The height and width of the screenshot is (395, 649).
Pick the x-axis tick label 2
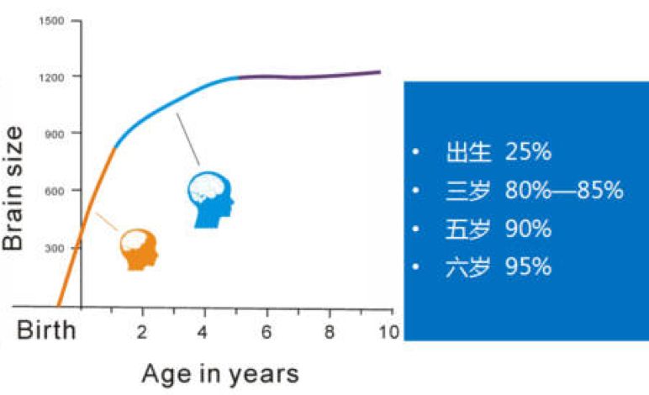point(142,330)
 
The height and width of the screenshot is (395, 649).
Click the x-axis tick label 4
point(203,330)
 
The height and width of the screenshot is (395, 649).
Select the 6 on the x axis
point(266,330)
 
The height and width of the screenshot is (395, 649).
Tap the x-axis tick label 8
point(329,330)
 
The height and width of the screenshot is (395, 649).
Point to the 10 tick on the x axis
point(388,330)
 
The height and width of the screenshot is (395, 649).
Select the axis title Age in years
point(220,372)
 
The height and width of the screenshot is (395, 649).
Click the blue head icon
point(209,199)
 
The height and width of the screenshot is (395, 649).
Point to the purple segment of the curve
point(311,76)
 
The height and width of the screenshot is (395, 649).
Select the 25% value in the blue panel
point(528,152)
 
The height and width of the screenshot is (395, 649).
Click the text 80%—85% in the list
point(564,191)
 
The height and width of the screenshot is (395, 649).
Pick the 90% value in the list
point(528,229)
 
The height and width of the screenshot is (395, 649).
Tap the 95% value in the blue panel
point(528,267)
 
